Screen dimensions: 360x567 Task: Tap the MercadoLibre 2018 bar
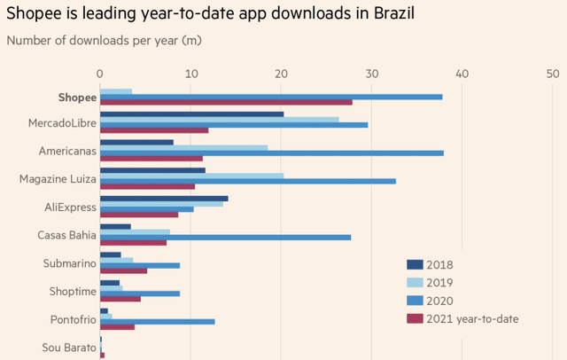[x=191, y=113]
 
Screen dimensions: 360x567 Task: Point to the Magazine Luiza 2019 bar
[x=191, y=176]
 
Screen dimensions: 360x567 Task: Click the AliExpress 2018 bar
[x=164, y=198]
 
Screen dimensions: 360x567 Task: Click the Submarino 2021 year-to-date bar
[x=123, y=271]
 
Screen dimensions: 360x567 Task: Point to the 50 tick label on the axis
[x=552, y=73]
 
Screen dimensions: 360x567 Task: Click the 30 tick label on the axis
[x=371, y=73]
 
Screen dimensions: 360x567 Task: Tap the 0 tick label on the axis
[x=100, y=73]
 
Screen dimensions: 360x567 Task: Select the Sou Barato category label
[x=68, y=348]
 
